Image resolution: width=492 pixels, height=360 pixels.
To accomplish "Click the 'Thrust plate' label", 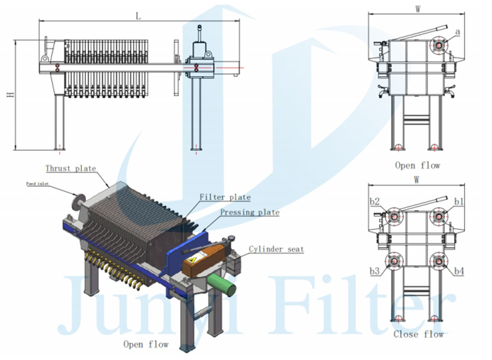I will coord(70,169).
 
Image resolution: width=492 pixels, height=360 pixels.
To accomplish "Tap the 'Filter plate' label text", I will coord(225,197).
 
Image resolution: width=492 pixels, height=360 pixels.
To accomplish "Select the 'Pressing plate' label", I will coord(249,212).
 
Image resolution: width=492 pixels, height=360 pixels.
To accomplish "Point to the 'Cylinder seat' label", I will coord(276,249).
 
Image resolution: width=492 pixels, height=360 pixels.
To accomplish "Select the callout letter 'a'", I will coord(457,31).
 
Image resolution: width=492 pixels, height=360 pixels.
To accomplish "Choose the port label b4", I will coord(459,271).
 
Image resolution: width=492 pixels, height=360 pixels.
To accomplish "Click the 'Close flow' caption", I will coord(418,334).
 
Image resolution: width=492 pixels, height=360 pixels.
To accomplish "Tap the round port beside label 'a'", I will coord(438,46).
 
